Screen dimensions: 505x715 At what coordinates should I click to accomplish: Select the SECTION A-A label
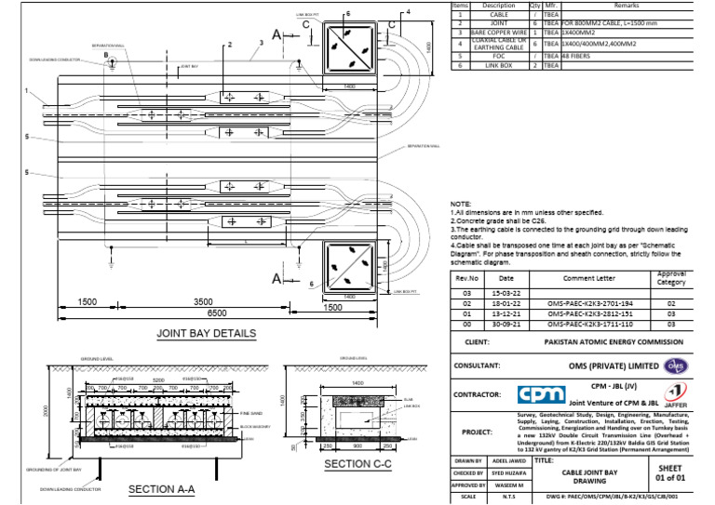[x=161, y=489]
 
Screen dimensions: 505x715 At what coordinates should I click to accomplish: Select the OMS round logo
[x=676, y=365]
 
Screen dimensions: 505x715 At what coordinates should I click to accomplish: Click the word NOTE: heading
[x=460, y=204]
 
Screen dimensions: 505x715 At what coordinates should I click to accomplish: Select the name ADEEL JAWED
[x=510, y=460]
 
